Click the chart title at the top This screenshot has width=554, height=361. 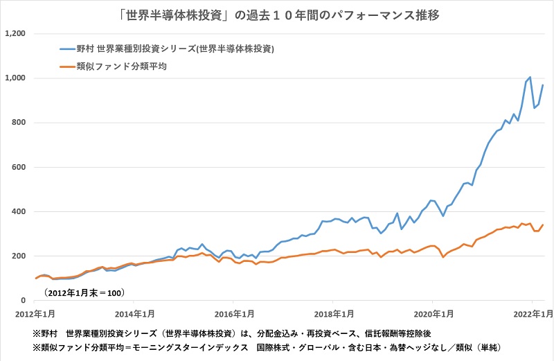coord(276,13)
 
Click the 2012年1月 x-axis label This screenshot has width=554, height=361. coord(35,313)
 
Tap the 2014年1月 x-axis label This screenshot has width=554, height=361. coord(134,313)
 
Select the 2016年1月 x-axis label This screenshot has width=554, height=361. coord(233,313)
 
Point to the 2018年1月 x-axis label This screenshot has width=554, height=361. coord(333,313)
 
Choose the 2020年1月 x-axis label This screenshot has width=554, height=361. coord(433,313)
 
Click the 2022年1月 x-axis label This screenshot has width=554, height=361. coord(532,313)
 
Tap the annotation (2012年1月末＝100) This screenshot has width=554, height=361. coord(84,292)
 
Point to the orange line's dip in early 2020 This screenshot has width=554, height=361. coord(443,257)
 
